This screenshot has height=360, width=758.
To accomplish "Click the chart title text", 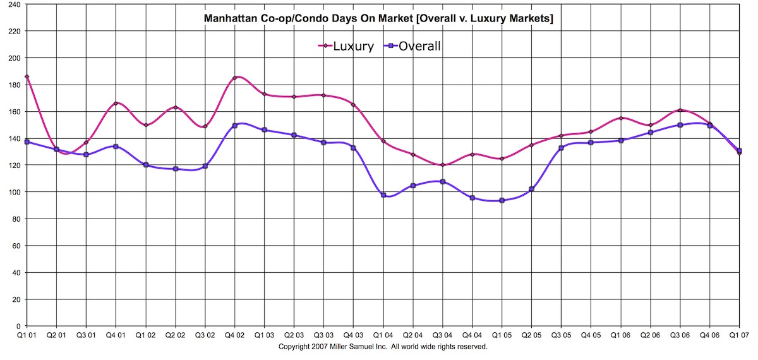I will (378, 19).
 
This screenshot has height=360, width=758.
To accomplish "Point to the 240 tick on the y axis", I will (14, 4).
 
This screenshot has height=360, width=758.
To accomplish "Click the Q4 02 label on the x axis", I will (234, 335).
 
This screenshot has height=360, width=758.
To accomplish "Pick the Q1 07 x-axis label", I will (739, 335).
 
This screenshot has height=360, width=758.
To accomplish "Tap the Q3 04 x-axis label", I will (442, 335).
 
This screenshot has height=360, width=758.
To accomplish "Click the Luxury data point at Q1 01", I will (27, 77).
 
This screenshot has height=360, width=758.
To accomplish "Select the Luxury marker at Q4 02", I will (234, 78).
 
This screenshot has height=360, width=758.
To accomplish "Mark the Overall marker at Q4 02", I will (234, 126).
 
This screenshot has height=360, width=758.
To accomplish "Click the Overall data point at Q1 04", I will (383, 195).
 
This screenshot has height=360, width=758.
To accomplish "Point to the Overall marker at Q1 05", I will (502, 201).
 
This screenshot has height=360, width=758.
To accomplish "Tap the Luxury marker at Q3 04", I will (442, 165).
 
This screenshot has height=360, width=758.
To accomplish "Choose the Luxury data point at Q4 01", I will (116, 103).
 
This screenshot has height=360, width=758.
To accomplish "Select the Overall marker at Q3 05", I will (561, 148).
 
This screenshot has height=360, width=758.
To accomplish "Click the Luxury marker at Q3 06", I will (680, 110).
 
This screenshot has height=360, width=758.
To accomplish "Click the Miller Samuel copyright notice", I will (383, 347).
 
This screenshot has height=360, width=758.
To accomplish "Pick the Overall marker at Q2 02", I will (175, 169).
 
